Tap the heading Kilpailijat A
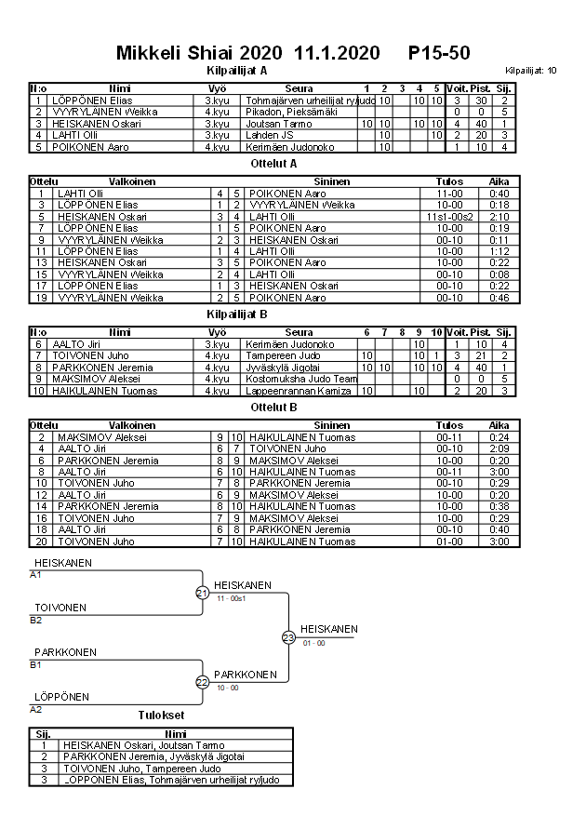tap(236, 70)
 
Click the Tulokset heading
tap(161, 715)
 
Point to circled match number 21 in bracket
tap(202, 593)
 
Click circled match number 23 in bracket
tap(288, 637)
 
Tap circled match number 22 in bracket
tap(202, 682)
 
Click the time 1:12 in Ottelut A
tap(499, 251)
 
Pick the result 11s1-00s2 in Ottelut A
tap(449, 216)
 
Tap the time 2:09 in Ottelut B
tap(499, 448)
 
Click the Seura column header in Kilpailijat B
tap(299, 332)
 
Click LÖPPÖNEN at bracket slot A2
tap(61, 697)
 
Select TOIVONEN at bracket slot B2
tap(60, 608)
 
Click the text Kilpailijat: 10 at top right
tap(531, 70)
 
